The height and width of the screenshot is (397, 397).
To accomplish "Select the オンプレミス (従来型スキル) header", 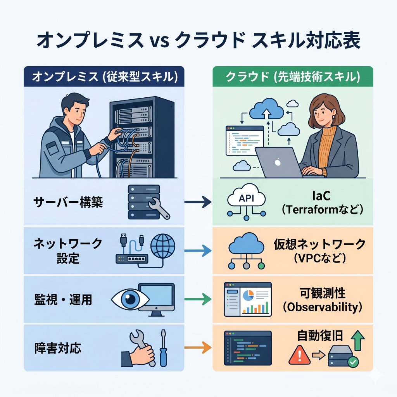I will tap(104, 76).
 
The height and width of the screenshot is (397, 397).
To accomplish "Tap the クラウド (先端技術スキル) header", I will tap(293, 76).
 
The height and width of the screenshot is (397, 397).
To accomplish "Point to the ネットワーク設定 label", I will tap(68, 250).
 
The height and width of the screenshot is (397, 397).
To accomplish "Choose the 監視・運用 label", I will tap(63, 299).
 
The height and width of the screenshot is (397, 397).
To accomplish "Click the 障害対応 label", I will tap(58, 348).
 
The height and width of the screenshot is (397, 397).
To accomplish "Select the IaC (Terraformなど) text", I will tap(321, 203).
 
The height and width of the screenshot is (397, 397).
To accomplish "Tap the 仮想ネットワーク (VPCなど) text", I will tap(319, 250).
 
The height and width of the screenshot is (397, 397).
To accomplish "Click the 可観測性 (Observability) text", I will tap(321, 300).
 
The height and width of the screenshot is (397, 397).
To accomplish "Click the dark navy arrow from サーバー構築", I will tap(197, 202).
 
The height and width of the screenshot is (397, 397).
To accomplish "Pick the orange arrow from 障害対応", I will tap(197, 347).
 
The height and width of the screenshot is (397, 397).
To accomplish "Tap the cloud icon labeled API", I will tap(247, 198).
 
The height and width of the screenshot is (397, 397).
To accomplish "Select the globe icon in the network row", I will tap(162, 245).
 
